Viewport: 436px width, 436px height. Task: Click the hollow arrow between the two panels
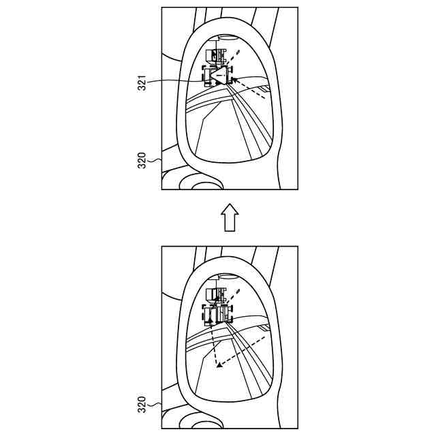click(x=230, y=218)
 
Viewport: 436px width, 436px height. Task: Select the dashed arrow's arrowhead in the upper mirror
click(x=234, y=80)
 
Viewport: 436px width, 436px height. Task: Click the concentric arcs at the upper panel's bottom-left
click(x=201, y=183)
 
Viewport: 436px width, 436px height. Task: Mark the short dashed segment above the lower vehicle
click(x=236, y=294)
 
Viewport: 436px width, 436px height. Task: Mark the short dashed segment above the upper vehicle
click(x=236, y=52)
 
